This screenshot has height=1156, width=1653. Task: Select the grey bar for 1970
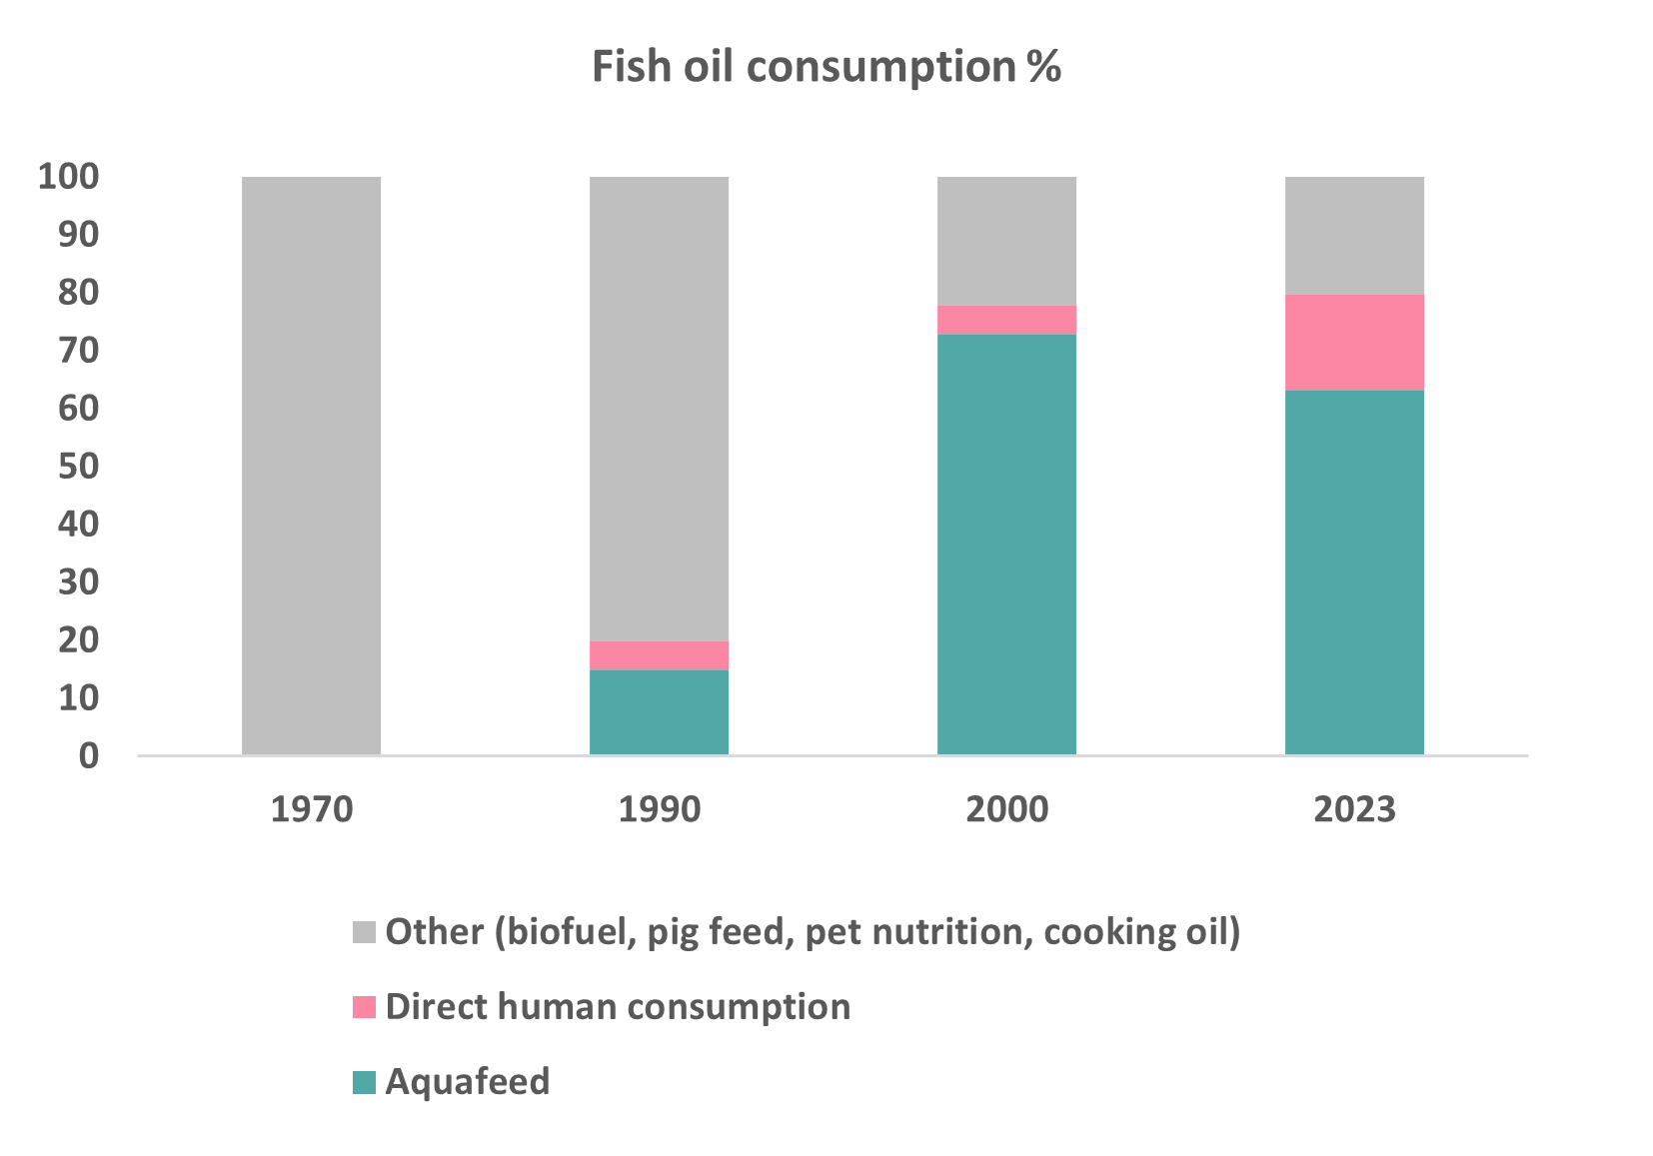(311, 466)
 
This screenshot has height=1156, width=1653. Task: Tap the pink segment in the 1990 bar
(659, 655)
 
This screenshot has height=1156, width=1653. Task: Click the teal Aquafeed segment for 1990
(659, 711)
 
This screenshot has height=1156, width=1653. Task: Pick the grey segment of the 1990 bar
(659, 409)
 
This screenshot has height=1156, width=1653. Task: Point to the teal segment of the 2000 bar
(1006, 545)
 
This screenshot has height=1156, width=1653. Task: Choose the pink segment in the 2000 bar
(1006, 320)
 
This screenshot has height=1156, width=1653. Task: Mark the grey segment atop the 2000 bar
(1006, 241)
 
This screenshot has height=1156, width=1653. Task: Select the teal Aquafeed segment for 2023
(1354, 573)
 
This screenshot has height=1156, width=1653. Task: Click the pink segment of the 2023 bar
(1354, 343)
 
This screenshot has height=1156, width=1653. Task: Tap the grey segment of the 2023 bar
(1354, 236)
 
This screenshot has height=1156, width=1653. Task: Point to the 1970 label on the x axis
(312, 808)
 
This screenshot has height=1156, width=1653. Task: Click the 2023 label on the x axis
(1354, 808)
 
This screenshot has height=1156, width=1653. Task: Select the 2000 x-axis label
(1006, 808)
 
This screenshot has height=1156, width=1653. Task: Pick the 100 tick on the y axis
(69, 178)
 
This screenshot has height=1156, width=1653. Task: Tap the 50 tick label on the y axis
(79, 467)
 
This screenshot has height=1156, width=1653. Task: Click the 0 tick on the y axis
(89, 755)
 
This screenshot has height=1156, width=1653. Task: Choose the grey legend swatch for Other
(364, 932)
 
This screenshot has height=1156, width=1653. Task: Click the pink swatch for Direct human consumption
(364, 1007)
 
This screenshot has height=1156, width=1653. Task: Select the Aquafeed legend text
(468, 1082)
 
